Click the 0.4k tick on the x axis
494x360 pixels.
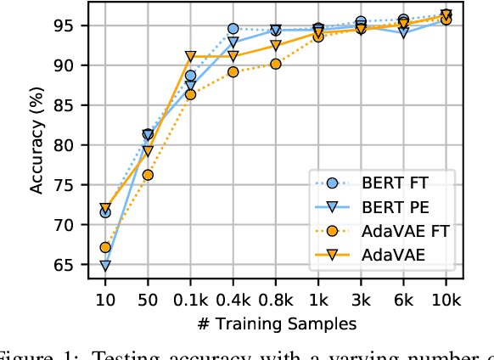coord(233,298)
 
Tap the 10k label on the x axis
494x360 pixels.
coord(446,298)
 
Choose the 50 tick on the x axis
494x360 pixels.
coord(148,298)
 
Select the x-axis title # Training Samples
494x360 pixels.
coord(276,323)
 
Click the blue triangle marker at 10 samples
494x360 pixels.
coord(105,266)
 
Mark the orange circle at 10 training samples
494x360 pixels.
coord(105,248)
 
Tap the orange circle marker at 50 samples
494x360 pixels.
coord(148,175)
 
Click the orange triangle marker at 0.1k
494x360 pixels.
coord(190,57)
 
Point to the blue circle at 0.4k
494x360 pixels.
coord(233,29)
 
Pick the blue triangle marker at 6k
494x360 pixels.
coord(403,32)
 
